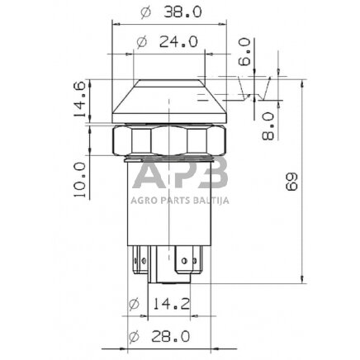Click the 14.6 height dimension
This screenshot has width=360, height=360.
[x=81, y=100]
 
